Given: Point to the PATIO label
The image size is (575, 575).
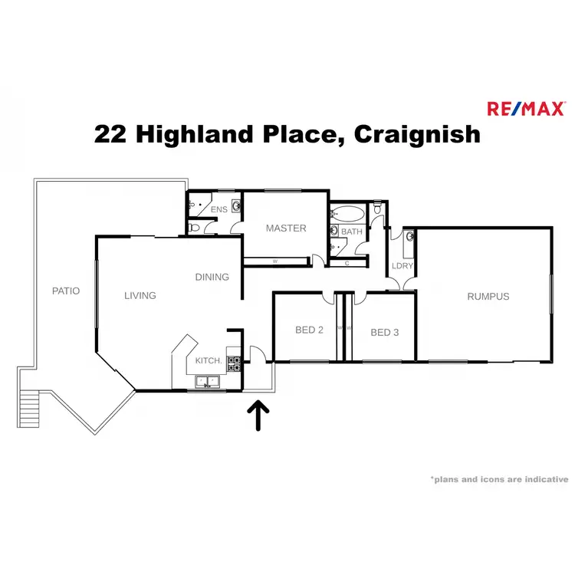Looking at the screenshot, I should (x=65, y=291).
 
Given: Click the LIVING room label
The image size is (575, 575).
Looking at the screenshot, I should (x=140, y=295).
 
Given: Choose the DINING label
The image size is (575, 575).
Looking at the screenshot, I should (x=212, y=277).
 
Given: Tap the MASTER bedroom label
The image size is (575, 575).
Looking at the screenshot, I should (x=286, y=228).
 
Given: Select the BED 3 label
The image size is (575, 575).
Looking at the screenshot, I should (x=385, y=332).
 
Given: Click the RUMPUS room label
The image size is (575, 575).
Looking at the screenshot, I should (x=488, y=296).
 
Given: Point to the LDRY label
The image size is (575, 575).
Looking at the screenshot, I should (x=402, y=266).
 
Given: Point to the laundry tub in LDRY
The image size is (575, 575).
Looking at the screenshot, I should (x=409, y=238).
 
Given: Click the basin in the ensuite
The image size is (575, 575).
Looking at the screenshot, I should (x=236, y=205).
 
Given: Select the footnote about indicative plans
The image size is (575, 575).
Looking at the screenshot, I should (x=498, y=478).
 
